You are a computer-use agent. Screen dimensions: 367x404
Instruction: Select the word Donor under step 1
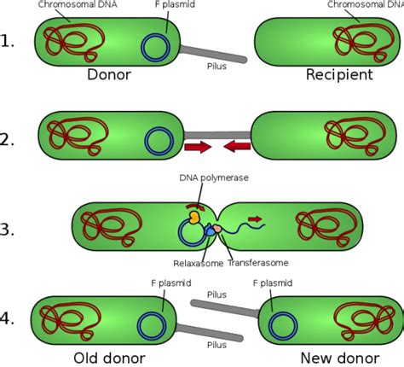pos(109,76)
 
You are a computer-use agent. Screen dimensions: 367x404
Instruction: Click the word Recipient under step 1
pos(339,76)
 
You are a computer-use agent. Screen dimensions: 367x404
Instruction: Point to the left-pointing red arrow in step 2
pos(238,150)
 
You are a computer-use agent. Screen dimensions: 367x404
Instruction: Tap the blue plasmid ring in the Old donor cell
pos(153,324)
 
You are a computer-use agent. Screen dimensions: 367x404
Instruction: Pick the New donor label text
pos(334,357)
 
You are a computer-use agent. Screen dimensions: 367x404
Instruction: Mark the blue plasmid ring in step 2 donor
pos(158,138)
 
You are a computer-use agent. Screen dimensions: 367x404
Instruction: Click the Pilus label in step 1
pos(218,65)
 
